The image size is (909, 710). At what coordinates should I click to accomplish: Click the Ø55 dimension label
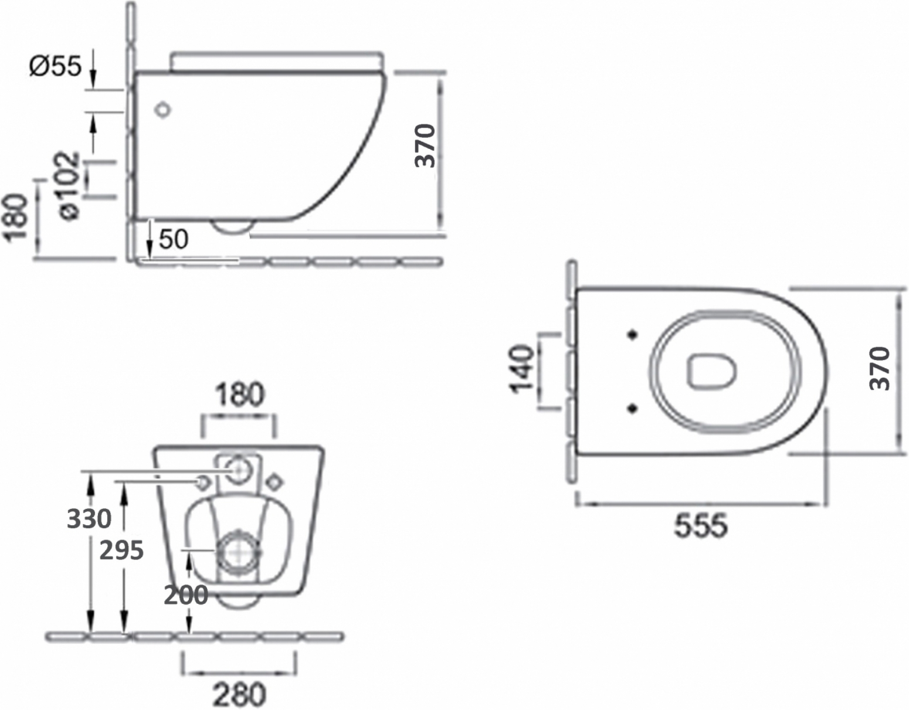pos(55,66)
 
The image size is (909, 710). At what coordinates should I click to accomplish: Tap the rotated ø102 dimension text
pos(69,185)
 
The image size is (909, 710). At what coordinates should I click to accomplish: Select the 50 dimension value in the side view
pos(174,239)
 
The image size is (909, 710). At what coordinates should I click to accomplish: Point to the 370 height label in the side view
pos(425,145)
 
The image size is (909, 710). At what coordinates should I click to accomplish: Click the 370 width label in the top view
pos(880,368)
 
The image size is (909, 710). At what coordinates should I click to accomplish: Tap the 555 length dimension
pos(701,525)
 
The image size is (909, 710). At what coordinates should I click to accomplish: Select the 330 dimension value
pos(89,519)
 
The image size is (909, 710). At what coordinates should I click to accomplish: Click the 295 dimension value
pos(121,551)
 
